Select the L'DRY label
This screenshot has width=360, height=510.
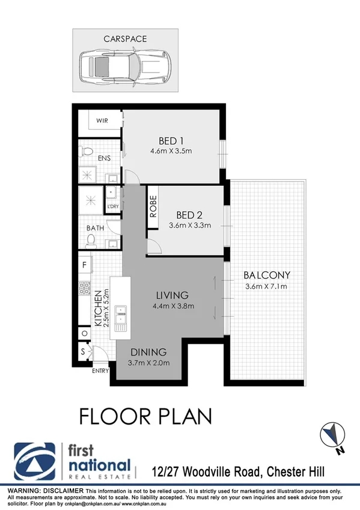click(x=112, y=207)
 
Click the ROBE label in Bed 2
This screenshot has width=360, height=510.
click(x=153, y=207)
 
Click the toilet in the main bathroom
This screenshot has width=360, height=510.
click(x=91, y=241)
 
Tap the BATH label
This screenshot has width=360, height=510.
click(x=95, y=228)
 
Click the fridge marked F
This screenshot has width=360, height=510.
click(x=84, y=263)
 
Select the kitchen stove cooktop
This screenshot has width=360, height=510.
click(x=84, y=289)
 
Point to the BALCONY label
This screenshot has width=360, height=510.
click(x=267, y=275)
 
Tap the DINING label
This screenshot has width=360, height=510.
click(x=148, y=352)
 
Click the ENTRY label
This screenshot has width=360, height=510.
click(x=100, y=370)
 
